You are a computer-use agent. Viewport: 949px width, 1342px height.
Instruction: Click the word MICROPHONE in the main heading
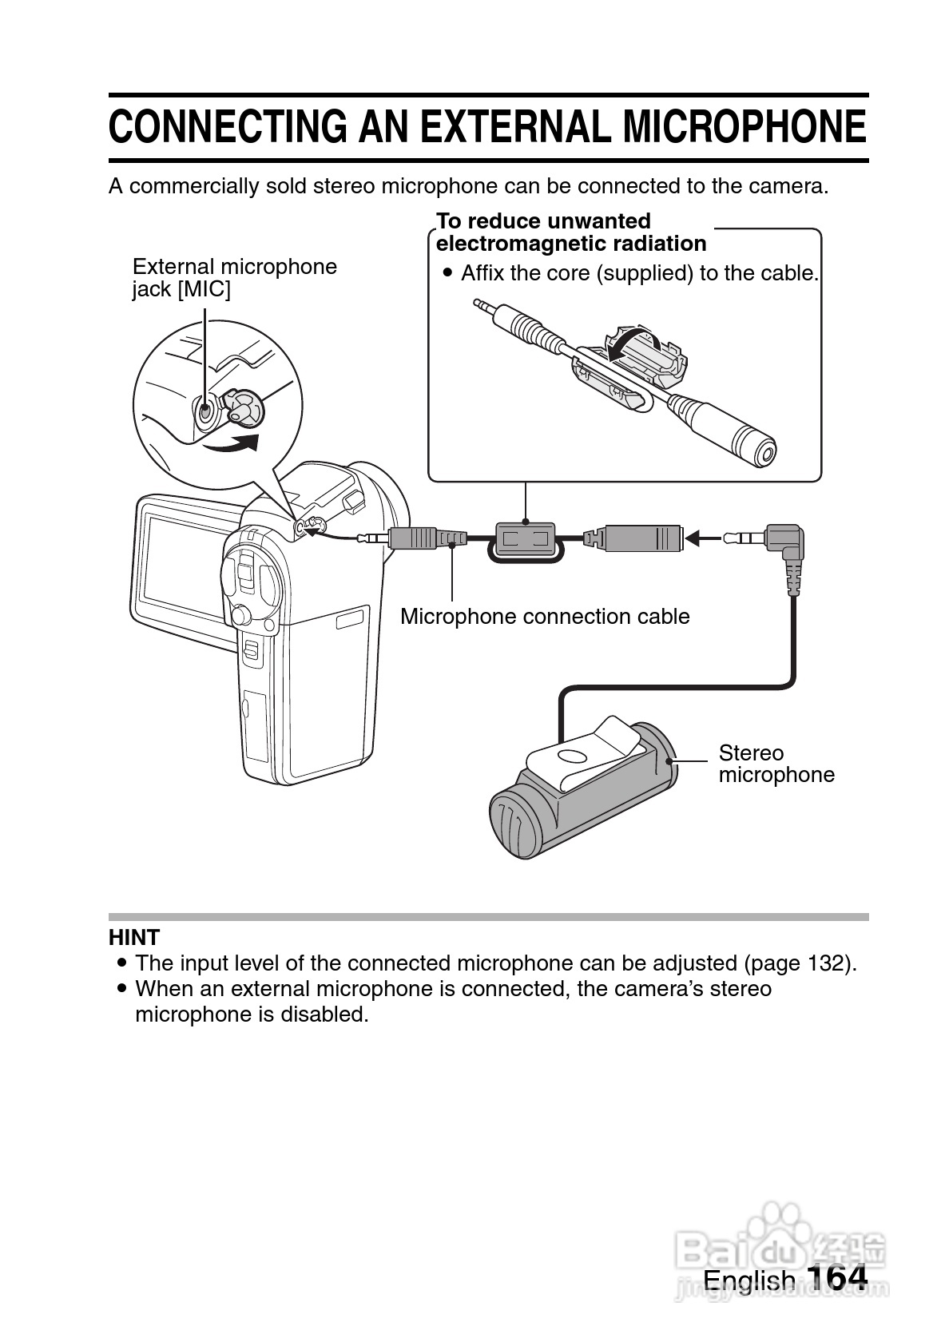click(x=744, y=128)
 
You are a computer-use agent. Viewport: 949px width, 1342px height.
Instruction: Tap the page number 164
click(x=836, y=1278)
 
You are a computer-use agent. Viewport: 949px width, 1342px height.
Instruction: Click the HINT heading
click(x=134, y=937)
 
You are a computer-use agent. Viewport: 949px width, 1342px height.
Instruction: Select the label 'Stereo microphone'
click(x=776, y=764)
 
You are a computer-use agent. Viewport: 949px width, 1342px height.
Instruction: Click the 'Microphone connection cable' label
click(x=545, y=617)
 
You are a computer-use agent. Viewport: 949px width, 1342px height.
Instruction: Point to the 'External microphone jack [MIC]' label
click(x=234, y=277)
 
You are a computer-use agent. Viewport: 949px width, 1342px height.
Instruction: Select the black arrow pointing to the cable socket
click(x=703, y=538)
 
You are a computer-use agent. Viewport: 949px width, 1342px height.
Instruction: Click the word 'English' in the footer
click(x=748, y=1280)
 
